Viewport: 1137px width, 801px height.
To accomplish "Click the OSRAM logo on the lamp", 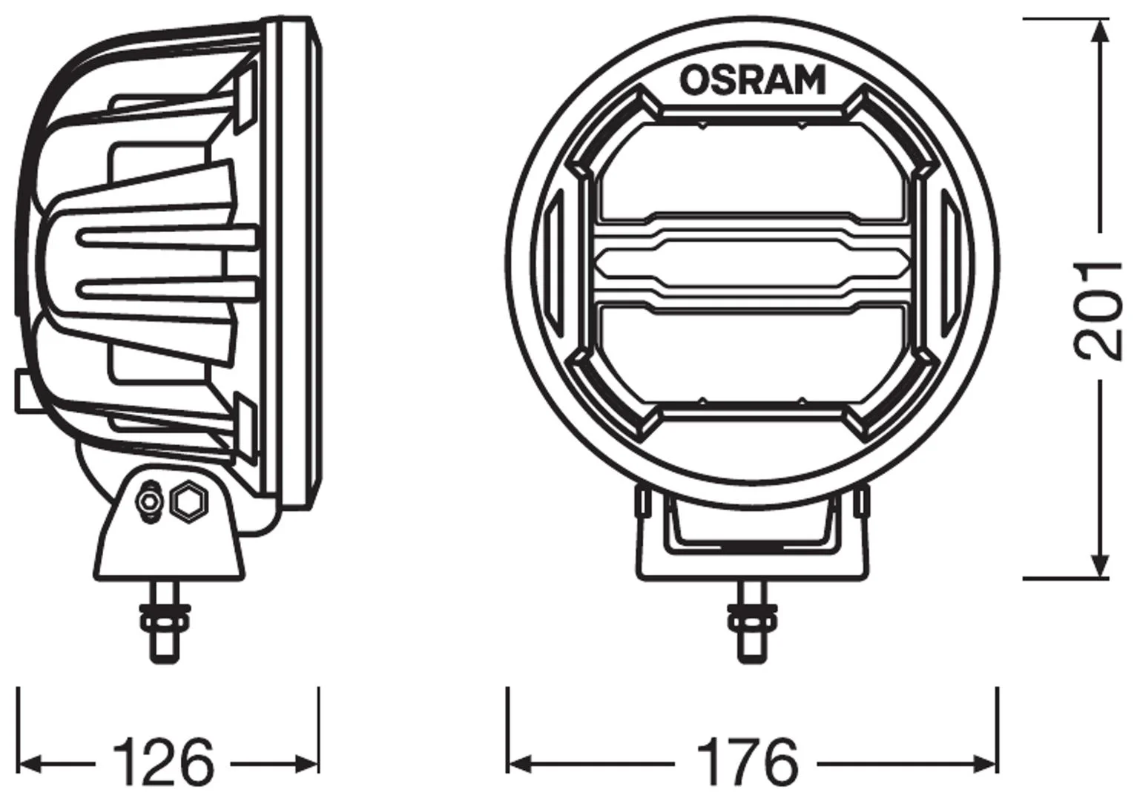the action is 752,80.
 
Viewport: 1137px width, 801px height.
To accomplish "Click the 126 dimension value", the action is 163,765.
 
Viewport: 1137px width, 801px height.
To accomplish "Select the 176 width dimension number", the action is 747,765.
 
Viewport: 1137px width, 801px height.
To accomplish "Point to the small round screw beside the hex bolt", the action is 149,501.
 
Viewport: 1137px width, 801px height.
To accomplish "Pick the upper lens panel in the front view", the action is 752,171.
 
